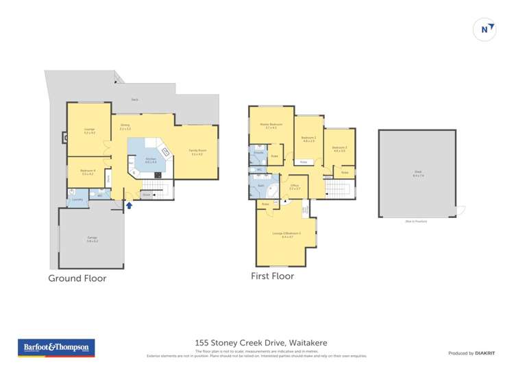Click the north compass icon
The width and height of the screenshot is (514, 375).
tap(485, 29)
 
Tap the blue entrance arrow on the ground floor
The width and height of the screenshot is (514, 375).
tap(129, 204)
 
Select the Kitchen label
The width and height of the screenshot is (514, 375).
tap(150, 160)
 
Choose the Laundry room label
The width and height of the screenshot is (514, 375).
tap(77, 199)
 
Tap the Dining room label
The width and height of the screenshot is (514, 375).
tap(125, 127)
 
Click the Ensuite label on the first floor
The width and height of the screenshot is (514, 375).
tap(259, 153)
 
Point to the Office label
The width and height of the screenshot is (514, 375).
tap(295, 186)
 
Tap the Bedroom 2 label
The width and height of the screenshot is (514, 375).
tap(339, 149)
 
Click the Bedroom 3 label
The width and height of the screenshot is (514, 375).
tap(308, 139)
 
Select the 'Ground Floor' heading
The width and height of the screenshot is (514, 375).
tap(77, 278)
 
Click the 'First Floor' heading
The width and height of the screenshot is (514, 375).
tap(272, 276)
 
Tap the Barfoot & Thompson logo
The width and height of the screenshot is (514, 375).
tap(56, 348)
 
